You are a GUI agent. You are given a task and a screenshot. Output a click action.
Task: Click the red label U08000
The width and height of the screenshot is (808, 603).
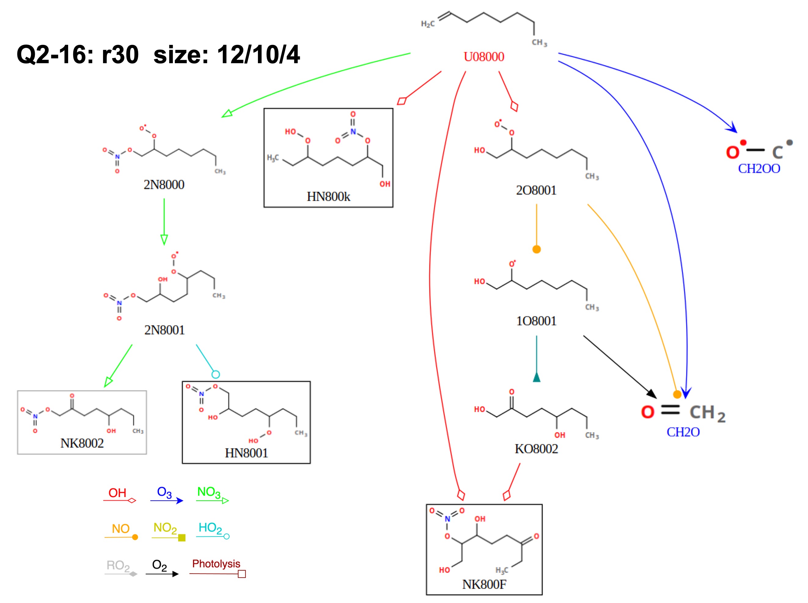(484, 57)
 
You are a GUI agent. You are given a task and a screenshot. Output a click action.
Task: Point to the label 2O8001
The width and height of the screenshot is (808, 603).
(536, 190)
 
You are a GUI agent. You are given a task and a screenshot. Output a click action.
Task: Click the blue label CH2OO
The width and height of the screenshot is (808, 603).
(759, 169)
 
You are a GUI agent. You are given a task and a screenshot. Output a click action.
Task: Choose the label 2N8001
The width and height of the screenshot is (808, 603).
(164, 330)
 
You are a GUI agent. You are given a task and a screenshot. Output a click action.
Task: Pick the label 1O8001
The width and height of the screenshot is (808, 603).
(536, 321)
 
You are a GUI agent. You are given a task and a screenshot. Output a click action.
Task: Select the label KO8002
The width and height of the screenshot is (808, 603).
(536, 449)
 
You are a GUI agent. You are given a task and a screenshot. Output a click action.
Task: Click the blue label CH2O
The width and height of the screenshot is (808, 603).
(683, 432)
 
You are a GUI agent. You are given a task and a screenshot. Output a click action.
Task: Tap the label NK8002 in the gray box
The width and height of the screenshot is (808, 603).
(82, 444)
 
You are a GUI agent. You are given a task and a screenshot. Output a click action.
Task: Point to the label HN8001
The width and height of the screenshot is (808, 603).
(246, 453)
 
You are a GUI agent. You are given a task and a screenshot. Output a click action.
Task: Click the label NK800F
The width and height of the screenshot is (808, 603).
(484, 584)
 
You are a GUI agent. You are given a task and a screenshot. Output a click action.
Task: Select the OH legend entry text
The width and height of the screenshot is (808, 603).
(117, 493)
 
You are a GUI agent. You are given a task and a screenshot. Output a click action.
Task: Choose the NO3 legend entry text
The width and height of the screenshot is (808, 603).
(209, 492)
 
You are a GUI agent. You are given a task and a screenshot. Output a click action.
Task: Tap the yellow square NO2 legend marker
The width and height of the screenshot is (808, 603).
(182, 538)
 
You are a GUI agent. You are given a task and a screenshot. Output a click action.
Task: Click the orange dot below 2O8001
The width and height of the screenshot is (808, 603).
(536, 249)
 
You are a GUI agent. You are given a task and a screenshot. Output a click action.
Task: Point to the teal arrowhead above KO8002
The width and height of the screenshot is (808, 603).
(536, 377)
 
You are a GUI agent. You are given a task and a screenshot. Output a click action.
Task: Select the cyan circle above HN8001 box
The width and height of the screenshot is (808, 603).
(215, 374)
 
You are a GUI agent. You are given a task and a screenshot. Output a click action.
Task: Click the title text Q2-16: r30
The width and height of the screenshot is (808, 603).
(77, 55)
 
